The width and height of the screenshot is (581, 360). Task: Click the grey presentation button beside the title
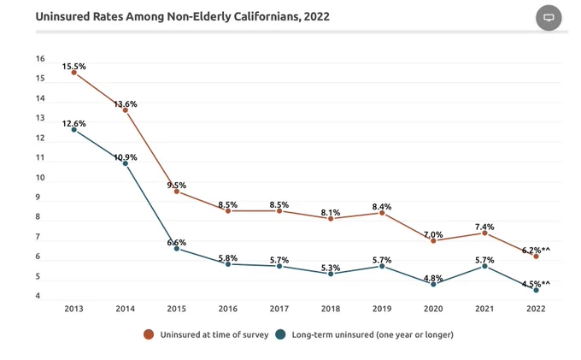pos(549,17)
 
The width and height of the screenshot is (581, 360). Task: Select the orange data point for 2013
pos(74,73)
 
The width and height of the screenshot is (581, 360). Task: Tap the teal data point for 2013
pos(74,130)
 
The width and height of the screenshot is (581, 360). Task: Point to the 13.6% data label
pos(126,104)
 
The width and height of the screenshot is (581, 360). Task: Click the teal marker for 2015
pos(177,249)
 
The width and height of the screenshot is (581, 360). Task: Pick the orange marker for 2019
pos(382,213)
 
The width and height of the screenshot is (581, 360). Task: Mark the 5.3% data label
pos(331,268)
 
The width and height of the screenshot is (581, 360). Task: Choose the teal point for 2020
pos(433,285)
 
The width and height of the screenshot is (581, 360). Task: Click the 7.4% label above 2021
pos(484,227)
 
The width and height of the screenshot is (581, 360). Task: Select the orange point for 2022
pos(537,257)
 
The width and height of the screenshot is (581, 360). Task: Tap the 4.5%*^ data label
pos(537,284)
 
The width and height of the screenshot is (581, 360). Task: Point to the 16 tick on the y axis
pos(40,59)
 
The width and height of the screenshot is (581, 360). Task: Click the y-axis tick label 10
pos(40,178)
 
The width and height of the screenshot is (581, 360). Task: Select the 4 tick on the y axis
pos(38,296)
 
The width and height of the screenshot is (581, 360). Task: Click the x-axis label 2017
pos(279,309)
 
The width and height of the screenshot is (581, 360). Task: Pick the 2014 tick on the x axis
pos(126,309)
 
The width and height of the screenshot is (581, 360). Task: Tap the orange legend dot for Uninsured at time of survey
pos(149,334)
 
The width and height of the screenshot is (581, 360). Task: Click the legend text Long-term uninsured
pos(332,334)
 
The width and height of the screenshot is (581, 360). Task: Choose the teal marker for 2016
pos(228,264)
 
